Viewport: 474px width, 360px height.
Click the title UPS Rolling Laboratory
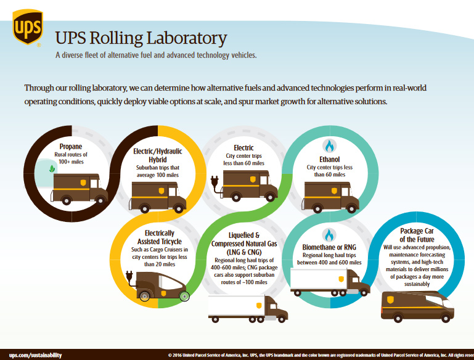click(x=141, y=38)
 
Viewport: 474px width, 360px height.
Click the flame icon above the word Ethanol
click(x=329, y=146)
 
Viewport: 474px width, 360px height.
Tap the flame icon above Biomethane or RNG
click(x=329, y=235)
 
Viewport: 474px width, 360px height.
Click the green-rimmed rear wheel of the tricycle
click(x=183, y=296)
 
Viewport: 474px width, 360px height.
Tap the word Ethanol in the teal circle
click(x=330, y=158)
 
